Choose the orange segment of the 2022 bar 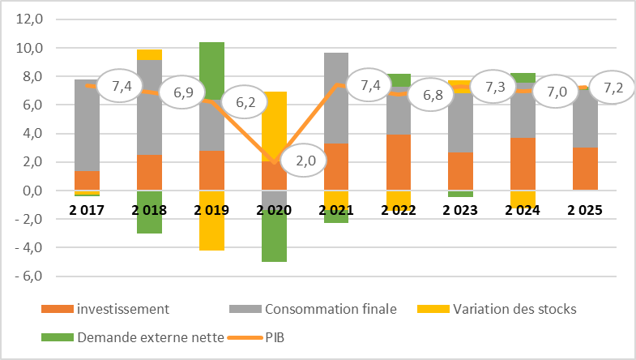coord(399,162)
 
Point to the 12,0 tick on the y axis coord(32,19)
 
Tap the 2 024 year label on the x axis coord(523,212)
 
